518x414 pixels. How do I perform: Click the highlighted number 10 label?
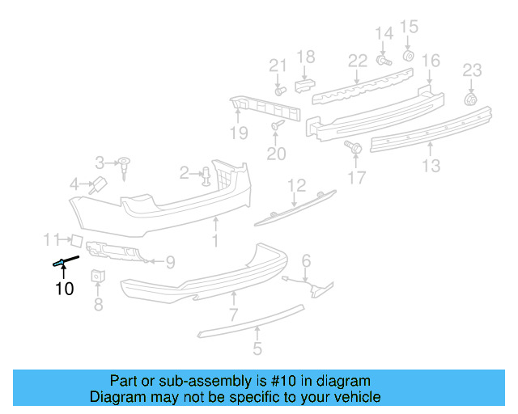(64, 288)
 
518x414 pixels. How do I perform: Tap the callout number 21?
(278, 65)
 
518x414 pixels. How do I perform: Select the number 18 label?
(305, 57)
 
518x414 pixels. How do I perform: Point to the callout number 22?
(358, 61)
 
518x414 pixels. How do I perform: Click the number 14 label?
(384, 33)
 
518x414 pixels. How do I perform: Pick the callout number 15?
(409, 26)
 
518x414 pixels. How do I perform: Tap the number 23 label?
(472, 70)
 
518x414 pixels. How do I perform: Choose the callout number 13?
(431, 166)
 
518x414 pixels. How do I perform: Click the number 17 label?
(357, 178)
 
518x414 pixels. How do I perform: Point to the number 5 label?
(257, 350)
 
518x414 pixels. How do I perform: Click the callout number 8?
(98, 305)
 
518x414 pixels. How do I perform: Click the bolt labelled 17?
(353, 147)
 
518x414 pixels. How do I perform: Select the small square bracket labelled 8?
(97, 276)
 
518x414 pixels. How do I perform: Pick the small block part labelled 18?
(304, 84)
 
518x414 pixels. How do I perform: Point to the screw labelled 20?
(278, 126)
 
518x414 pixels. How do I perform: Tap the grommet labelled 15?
(408, 56)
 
